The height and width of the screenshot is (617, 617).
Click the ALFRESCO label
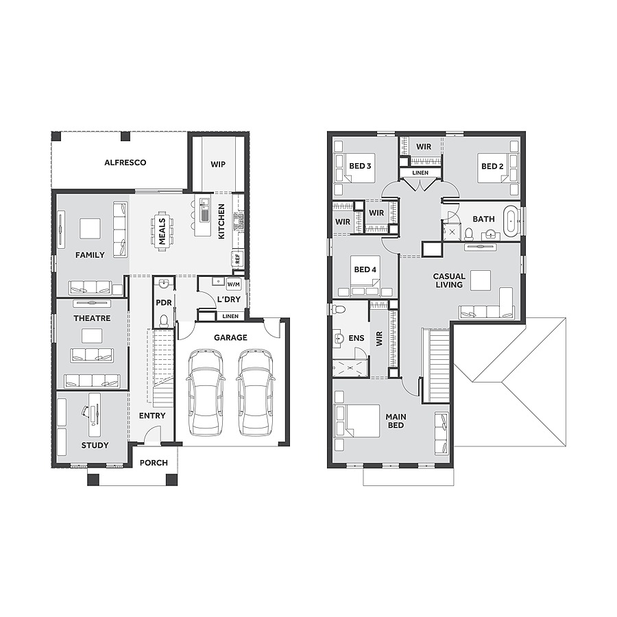[125, 162]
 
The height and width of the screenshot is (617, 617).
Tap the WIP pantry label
[218, 165]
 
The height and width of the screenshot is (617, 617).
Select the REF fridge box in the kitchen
[238, 258]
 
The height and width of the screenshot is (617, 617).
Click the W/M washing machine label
[234, 284]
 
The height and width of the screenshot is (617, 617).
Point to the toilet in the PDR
[164, 321]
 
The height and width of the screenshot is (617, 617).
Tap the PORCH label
[154, 463]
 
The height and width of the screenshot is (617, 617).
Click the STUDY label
[95, 445]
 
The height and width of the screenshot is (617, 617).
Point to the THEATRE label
[92, 318]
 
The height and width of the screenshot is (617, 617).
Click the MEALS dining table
[162, 231]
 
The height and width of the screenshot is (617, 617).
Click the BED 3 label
[360, 167]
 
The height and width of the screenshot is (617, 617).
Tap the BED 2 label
[492, 167]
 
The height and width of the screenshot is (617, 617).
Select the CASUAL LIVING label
[448, 280]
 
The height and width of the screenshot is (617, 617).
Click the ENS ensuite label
[356, 338]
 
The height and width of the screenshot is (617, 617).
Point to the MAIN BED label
[396, 421]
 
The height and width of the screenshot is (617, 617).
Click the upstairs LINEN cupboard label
[420, 173]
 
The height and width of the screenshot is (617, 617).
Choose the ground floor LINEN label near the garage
[231, 316]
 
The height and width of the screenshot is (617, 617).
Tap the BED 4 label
[365, 269]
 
